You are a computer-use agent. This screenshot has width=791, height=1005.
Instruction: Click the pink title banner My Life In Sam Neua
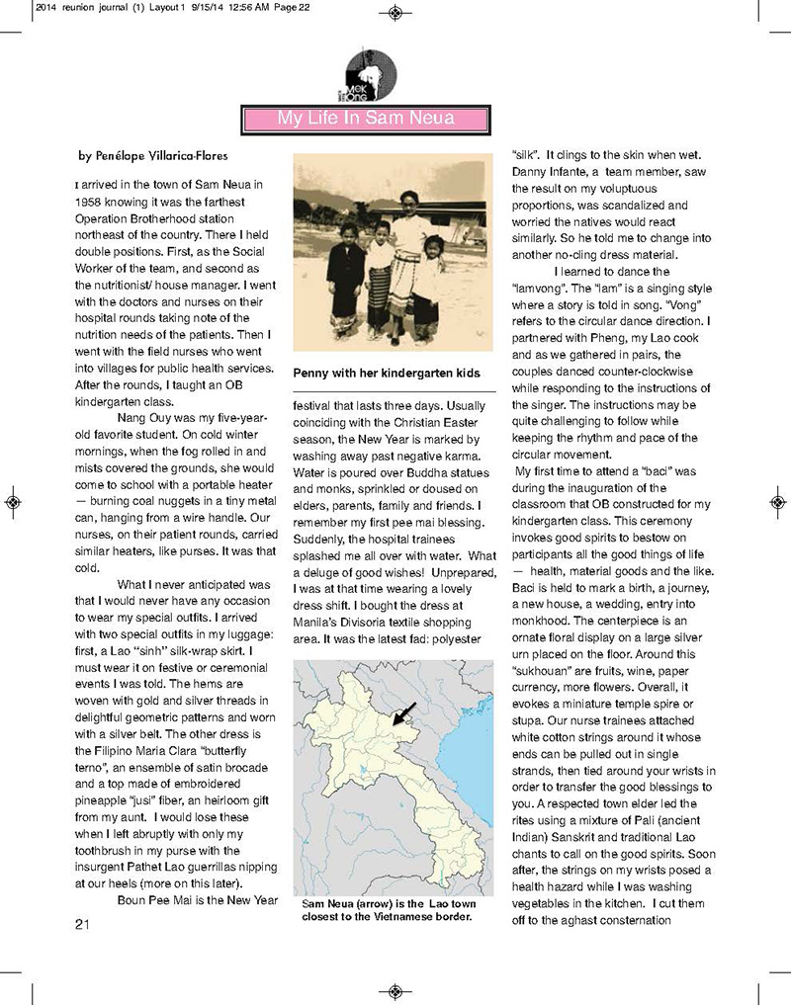[366, 119]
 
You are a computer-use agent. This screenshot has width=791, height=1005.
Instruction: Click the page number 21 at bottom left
[83, 924]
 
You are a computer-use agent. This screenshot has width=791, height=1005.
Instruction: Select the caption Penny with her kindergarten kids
[386, 374]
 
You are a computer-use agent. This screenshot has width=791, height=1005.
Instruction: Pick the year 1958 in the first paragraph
[91, 199]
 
